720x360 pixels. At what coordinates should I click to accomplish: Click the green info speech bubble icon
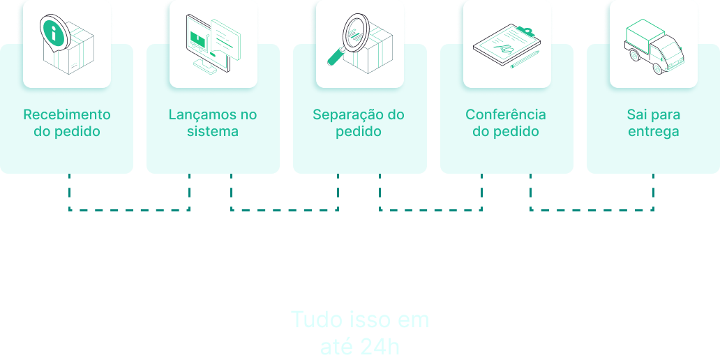tap(53, 30)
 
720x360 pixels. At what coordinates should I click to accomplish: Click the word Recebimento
tap(67, 114)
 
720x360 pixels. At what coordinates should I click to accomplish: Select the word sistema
tap(213, 131)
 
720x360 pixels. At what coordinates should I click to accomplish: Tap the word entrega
tap(653, 131)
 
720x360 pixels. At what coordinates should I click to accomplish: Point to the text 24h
tap(381, 346)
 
